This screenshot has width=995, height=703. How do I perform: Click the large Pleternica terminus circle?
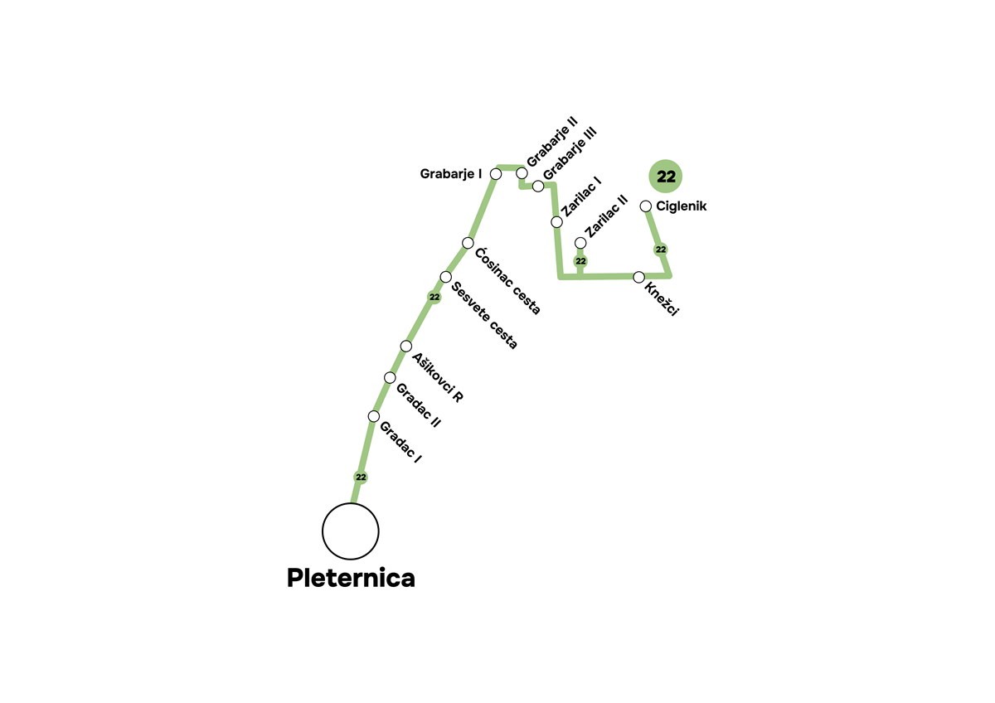click(x=351, y=531)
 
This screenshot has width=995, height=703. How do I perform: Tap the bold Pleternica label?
click(x=351, y=578)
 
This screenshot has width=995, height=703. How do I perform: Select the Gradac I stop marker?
click(x=374, y=416)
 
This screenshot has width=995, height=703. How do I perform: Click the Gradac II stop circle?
click(x=390, y=378)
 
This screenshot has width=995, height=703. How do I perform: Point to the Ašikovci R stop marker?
click(x=406, y=346)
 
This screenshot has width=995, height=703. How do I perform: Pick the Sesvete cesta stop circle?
click(x=446, y=277)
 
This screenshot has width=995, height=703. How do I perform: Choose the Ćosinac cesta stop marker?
click(x=468, y=243)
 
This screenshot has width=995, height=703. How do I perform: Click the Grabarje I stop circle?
click(x=496, y=174)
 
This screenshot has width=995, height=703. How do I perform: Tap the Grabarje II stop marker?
click(x=522, y=172)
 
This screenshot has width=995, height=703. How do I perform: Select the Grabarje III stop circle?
click(x=538, y=186)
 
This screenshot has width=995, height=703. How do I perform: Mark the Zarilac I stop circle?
click(x=557, y=222)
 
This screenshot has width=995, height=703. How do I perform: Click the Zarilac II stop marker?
click(x=580, y=242)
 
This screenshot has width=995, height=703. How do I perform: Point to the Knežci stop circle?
click(x=639, y=277)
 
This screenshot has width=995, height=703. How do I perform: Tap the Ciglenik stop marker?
click(x=646, y=206)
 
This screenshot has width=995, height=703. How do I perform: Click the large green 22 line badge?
click(x=666, y=176)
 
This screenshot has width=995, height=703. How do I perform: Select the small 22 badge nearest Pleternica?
click(x=361, y=478)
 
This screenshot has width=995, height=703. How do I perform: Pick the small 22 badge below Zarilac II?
click(x=580, y=261)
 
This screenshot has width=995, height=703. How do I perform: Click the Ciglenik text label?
click(x=681, y=206)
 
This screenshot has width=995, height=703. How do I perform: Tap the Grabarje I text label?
click(x=451, y=174)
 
